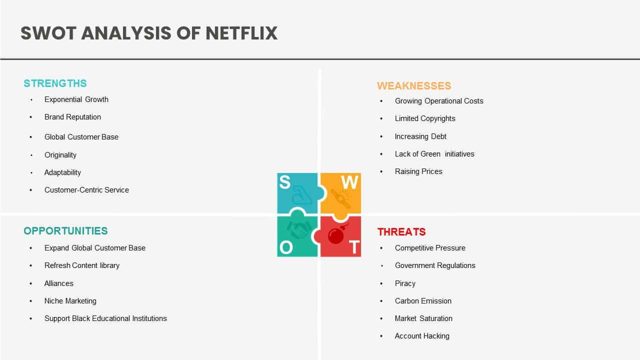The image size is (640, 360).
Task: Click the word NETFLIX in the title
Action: click(x=241, y=33)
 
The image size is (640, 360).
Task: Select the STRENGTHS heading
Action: click(x=55, y=83)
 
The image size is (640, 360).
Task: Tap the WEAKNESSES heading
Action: click(x=414, y=86)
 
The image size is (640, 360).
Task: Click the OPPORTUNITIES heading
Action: click(x=65, y=231)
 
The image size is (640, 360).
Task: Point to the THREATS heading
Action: click(x=401, y=231)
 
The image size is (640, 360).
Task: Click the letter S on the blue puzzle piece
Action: click(x=285, y=182)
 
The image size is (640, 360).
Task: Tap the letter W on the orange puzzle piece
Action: click(x=349, y=182)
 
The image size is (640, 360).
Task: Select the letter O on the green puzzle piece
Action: click(x=286, y=247)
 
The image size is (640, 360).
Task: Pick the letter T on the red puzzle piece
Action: click(x=354, y=247)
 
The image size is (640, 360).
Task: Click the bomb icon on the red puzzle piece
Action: click(x=337, y=234)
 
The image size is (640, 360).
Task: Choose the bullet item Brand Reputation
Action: click(x=72, y=117)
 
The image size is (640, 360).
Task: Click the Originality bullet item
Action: click(x=60, y=155)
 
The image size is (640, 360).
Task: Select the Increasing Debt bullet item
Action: click(x=420, y=136)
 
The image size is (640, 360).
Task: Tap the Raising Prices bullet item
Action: click(x=418, y=171)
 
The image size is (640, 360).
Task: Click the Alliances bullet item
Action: click(x=59, y=283)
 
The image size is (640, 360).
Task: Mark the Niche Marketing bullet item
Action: click(x=70, y=301)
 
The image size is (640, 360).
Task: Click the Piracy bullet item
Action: click(x=405, y=283)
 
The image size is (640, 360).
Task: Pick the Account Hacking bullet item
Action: click(x=422, y=336)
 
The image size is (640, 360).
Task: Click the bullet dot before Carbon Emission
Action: click(x=381, y=301)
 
